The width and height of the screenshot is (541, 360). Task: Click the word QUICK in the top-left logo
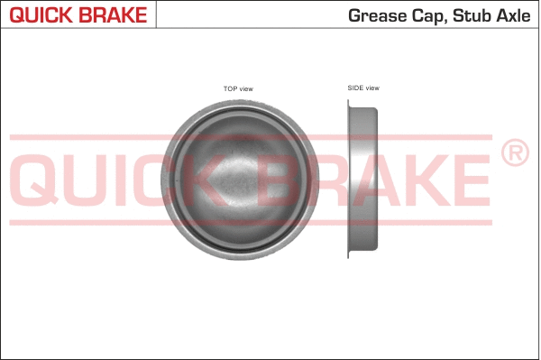42,14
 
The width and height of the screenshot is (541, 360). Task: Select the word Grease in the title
373,15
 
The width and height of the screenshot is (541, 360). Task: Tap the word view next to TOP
245,88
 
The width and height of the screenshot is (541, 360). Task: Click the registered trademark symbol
513,154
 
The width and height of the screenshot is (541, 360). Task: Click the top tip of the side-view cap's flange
350,101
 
